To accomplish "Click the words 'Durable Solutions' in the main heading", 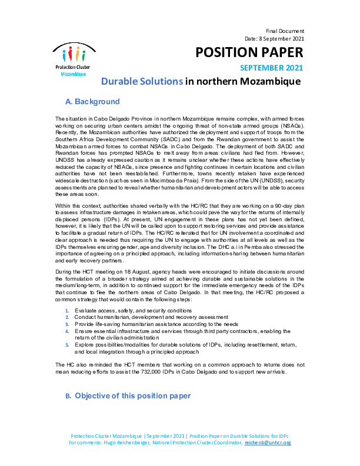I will [x=142, y=81].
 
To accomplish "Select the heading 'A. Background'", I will [x=95, y=101].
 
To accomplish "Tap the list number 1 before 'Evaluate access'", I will [x=67, y=310].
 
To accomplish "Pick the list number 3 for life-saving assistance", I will [x=67, y=324].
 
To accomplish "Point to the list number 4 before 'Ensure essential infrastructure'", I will [x=67, y=331].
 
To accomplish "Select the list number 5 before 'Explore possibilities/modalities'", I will [x=67, y=345].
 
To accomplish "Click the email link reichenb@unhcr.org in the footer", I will [x=268, y=442].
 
